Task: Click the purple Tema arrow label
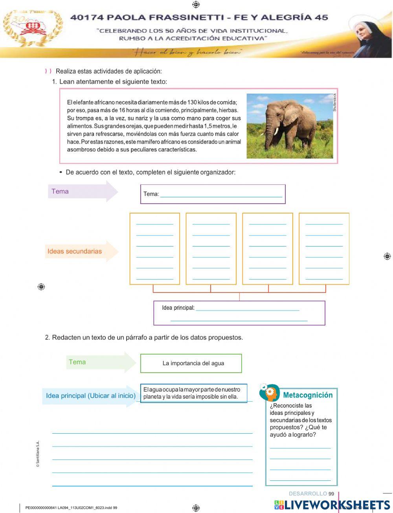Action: click(60, 191)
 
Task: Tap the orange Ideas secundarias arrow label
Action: click(75, 251)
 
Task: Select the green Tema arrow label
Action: click(77, 362)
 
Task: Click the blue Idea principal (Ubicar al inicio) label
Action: click(91, 396)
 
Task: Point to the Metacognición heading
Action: click(308, 395)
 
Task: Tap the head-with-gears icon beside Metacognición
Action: click(270, 393)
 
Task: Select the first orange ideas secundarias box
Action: click(155, 248)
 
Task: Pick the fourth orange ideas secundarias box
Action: click(324, 248)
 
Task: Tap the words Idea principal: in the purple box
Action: click(178, 308)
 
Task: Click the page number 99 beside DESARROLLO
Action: click(331, 494)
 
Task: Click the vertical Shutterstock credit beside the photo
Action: click(335, 102)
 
